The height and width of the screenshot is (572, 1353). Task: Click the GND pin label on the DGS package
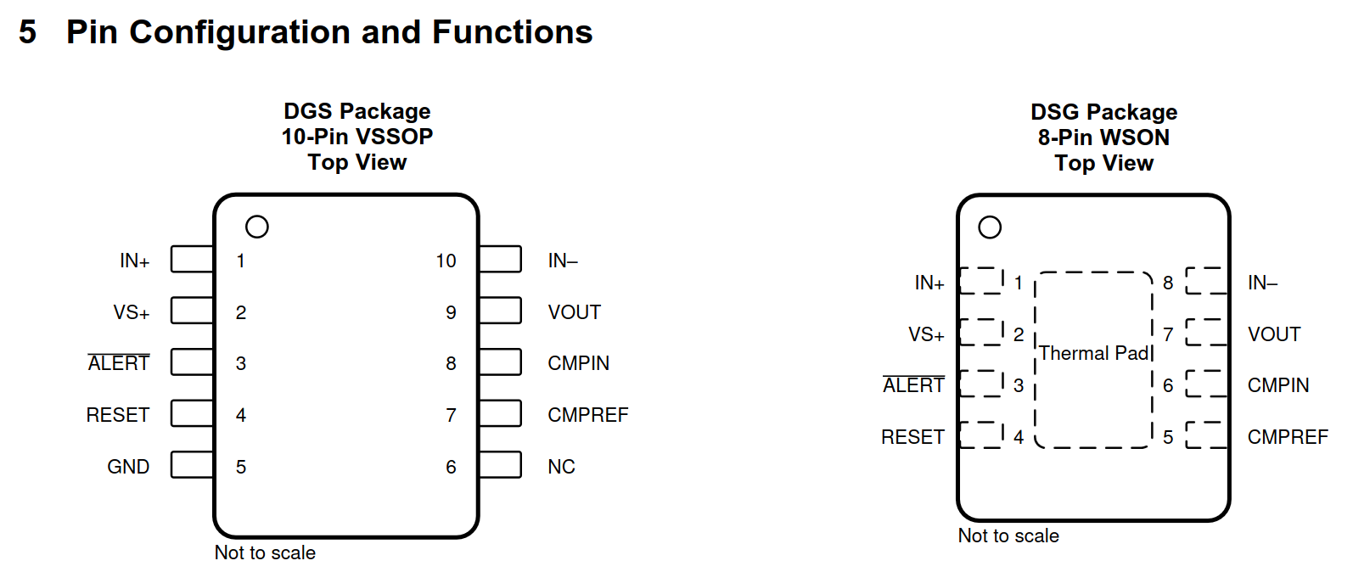[x=128, y=467]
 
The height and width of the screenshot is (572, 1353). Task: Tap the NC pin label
[x=561, y=467]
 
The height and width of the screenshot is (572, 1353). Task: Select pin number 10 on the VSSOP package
[x=446, y=261]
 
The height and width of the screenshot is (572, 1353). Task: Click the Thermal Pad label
[x=1094, y=353]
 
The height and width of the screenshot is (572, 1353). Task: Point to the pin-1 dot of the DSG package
[x=990, y=227]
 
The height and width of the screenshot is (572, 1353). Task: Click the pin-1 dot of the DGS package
[x=256, y=227]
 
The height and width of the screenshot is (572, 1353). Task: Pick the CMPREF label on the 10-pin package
[x=587, y=415]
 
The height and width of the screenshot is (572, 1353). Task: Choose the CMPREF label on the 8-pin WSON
[x=1288, y=437]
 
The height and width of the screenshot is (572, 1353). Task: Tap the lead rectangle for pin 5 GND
[x=192, y=464]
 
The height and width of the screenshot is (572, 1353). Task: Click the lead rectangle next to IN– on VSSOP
[x=500, y=259]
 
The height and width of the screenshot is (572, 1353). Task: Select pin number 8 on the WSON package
[x=1168, y=283]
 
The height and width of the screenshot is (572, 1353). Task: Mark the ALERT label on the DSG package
[x=913, y=384]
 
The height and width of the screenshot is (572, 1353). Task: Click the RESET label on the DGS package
[x=118, y=415]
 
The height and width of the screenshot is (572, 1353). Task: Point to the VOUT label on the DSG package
[x=1274, y=334]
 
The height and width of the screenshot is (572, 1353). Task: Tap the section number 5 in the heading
[x=28, y=32]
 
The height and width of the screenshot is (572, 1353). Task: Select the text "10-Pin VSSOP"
[x=357, y=137]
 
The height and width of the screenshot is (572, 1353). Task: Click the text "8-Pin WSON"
[x=1103, y=137]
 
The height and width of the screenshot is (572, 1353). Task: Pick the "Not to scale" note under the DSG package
[x=1008, y=536]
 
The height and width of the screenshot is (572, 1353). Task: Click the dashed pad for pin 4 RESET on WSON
[x=981, y=435]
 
